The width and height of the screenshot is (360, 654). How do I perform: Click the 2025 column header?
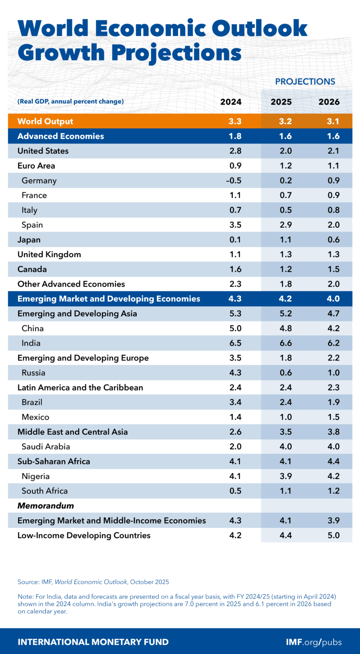281,102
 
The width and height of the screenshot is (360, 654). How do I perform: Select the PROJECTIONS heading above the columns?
305,82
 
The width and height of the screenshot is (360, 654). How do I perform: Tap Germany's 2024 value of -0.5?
234,181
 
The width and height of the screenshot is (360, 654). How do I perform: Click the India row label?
31,343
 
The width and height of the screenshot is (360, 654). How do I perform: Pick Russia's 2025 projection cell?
286,373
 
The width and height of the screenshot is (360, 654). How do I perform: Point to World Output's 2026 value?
333,121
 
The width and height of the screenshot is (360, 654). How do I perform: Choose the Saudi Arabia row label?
46,447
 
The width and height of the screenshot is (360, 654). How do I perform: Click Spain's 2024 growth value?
235,225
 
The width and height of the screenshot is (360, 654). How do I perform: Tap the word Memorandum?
46,506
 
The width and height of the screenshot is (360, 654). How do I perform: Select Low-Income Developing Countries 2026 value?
334,535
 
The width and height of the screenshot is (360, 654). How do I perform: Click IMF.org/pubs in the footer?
314,642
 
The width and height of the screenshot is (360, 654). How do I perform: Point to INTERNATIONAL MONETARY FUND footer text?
93,642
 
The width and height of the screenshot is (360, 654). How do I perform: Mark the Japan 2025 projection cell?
286,240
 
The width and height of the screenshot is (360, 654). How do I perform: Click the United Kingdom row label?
49,255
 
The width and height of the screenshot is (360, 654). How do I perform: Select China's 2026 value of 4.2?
334,328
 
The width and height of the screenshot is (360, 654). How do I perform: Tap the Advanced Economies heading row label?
60,136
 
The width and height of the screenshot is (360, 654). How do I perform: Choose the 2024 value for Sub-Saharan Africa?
235,462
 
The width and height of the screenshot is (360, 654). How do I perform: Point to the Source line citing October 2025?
93,582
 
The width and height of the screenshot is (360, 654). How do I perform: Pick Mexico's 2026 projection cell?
334,417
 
